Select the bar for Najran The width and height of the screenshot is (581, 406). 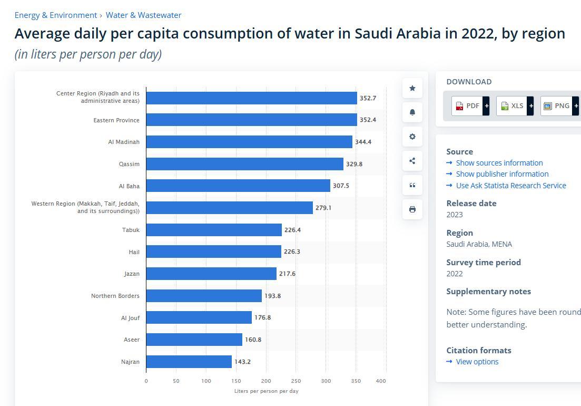point(189,362)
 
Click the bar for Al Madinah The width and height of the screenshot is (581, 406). point(249,142)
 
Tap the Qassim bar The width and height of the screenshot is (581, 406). point(244,164)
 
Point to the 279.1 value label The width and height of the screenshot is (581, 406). point(323,208)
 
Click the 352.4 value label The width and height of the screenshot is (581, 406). point(368,120)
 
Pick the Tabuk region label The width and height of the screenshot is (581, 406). point(131,230)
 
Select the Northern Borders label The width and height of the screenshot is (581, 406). point(115,296)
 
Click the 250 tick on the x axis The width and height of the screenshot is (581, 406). point(296,381)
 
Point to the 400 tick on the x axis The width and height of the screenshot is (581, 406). point(381,381)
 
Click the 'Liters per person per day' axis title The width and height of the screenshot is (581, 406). point(266,391)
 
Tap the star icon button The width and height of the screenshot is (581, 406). point(412,88)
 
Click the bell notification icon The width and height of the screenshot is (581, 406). point(412,112)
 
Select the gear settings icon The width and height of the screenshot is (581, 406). point(412,137)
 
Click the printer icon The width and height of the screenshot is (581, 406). point(412,209)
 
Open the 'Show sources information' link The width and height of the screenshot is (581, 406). point(499,163)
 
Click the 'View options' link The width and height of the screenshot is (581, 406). point(477,362)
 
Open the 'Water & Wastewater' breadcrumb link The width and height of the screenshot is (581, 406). point(143,15)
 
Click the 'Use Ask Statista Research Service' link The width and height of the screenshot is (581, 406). point(510,186)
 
